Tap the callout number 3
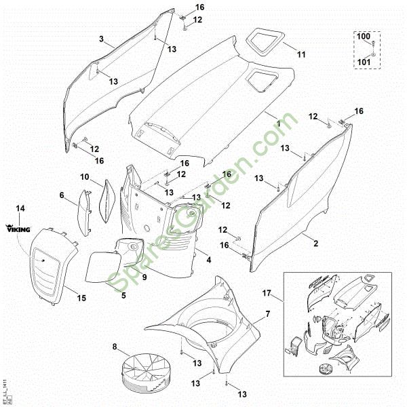click(101, 40)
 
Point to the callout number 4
click(208, 260)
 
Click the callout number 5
click(123, 295)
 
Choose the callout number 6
click(62, 195)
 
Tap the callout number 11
click(302, 54)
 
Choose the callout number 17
click(267, 293)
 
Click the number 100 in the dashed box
click(364, 35)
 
